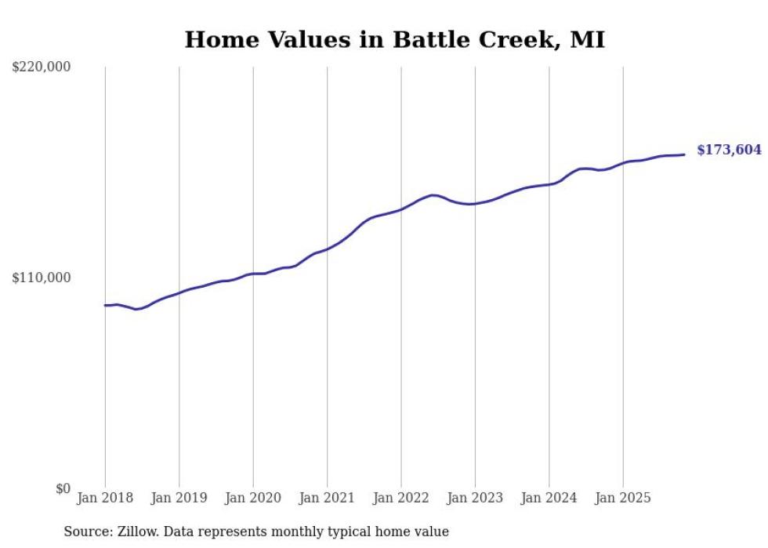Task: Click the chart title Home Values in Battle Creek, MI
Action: [394, 39]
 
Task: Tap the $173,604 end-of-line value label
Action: [729, 150]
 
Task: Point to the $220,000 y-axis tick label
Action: [41, 67]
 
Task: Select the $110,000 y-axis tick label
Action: [41, 278]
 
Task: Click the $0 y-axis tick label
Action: [63, 488]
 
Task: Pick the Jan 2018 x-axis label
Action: [105, 498]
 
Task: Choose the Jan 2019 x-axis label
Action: [179, 498]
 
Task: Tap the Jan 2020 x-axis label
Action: [253, 498]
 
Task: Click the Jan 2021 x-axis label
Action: [327, 498]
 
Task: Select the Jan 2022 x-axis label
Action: [401, 498]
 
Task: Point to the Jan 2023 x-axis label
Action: [475, 498]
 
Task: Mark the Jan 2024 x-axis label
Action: [549, 498]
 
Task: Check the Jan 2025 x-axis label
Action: [623, 498]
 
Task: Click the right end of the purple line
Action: [684, 154]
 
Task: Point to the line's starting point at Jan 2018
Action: [105, 305]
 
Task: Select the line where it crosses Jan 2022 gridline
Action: [401, 209]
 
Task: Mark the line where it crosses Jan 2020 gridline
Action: [253, 274]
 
